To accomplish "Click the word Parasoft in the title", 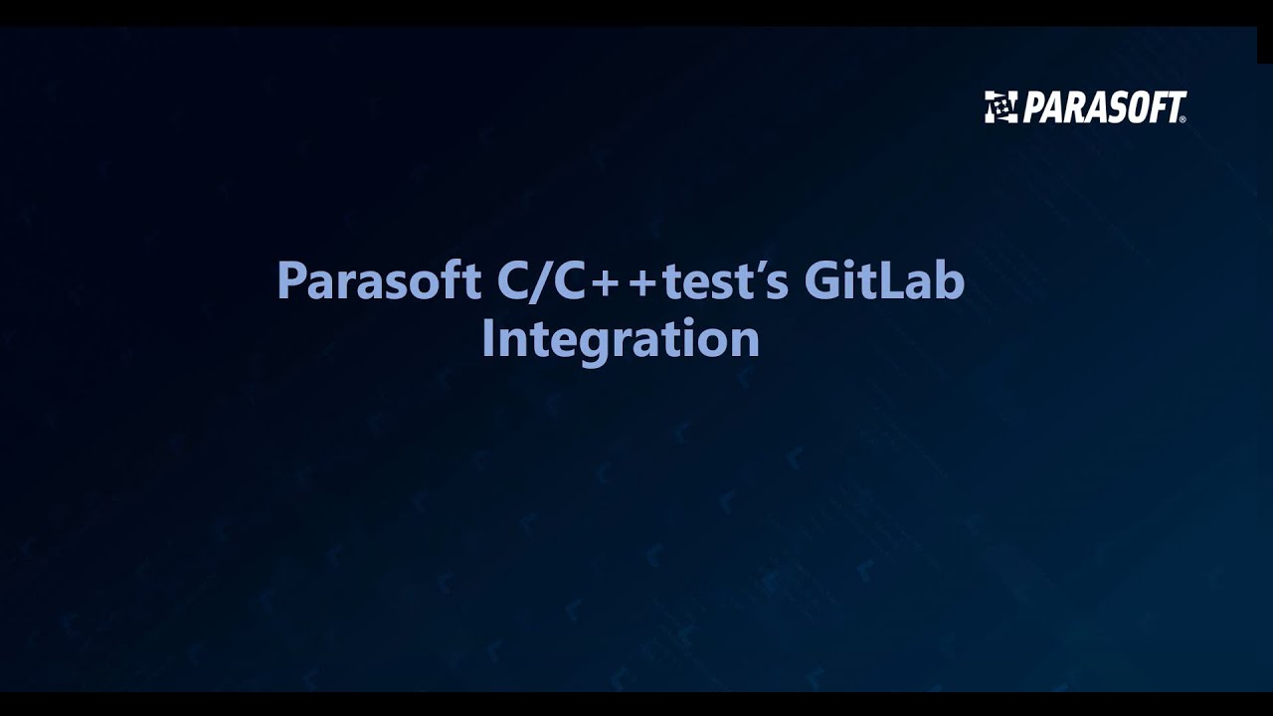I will [379, 281].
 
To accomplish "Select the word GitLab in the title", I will [884, 281].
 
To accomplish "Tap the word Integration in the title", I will [621, 338].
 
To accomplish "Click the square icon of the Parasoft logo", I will [1000, 106].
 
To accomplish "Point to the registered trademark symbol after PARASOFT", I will [1182, 119].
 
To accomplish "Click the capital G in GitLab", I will [823, 281].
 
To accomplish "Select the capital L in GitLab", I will [894, 281].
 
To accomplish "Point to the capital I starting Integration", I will [488, 338].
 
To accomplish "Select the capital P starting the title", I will [289, 281].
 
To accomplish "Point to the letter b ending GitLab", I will [951, 281].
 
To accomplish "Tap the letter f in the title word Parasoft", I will [456, 281].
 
